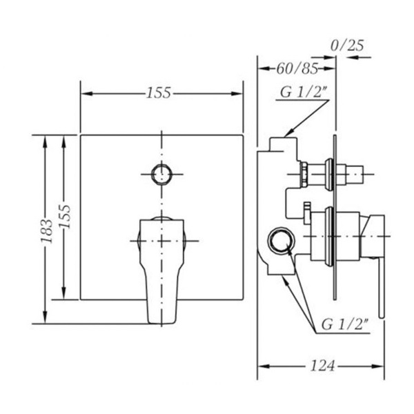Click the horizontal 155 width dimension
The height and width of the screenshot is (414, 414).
point(159,93)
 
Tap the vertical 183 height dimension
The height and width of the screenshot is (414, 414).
point(46,231)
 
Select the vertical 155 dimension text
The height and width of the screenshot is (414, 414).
point(64,217)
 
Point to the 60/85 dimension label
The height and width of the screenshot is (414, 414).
point(297,69)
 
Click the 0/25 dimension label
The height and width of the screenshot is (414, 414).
point(347,46)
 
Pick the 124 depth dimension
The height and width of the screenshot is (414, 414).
point(322,366)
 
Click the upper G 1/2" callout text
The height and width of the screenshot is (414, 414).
point(304,92)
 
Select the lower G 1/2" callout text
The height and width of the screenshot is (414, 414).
point(345,324)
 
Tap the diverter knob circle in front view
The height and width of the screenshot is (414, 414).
point(162,175)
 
